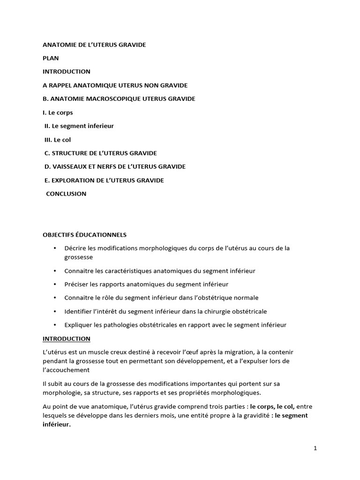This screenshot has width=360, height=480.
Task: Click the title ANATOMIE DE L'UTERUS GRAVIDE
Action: [x=94, y=45]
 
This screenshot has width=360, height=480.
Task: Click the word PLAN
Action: [x=51, y=58]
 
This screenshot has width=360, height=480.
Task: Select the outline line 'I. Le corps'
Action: [x=58, y=112]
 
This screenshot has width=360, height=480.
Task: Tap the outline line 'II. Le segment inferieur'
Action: [x=79, y=126]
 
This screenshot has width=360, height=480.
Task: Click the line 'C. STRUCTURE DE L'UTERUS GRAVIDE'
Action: [x=100, y=153]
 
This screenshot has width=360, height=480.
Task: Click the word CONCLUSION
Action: [x=66, y=194]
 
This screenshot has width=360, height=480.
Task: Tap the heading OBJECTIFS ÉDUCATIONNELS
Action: [x=84, y=234]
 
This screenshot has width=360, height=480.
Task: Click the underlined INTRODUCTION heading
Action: [x=67, y=338]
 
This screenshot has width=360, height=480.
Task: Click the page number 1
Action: [x=315, y=448]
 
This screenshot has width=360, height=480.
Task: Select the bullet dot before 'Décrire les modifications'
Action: [x=55, y=248]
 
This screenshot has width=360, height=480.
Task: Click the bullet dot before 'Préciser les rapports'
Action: [x=55, y=285]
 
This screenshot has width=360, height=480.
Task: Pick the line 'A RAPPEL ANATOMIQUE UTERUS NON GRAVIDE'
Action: [x=115, y=85]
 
